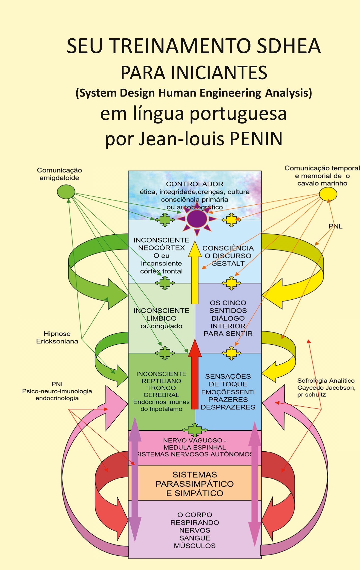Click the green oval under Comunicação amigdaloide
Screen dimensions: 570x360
66,192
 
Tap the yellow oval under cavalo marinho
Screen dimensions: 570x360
328,194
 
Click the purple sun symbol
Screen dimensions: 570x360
197,219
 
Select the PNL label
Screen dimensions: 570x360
335,226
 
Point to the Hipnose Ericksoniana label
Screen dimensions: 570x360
57,337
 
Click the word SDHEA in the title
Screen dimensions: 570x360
289,46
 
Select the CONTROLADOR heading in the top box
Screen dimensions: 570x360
195,184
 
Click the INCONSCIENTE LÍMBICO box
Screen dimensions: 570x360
161,318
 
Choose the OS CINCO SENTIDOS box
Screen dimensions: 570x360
228,318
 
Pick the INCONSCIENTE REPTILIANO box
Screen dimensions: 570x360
161,391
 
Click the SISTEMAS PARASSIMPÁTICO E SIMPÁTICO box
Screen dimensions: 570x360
195,484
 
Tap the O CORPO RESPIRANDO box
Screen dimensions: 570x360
195,530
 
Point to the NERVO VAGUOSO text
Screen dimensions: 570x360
195,440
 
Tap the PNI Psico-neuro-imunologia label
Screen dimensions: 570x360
57,391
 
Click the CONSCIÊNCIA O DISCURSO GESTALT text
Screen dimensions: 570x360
228,256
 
